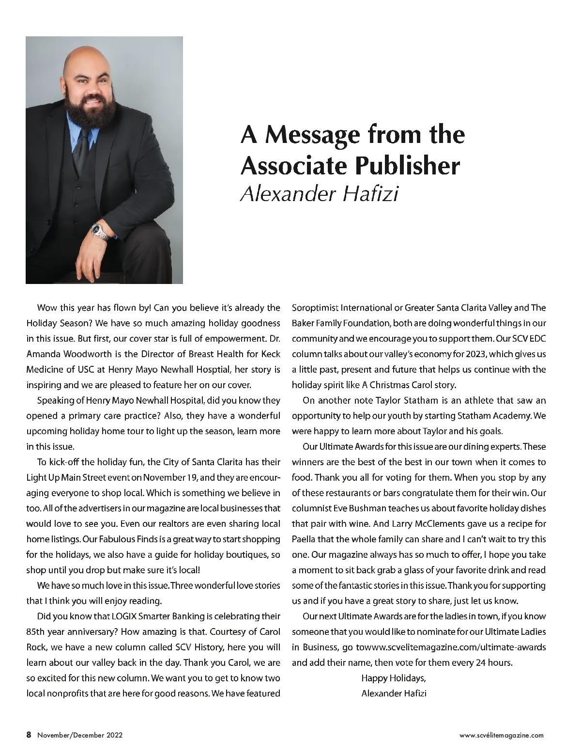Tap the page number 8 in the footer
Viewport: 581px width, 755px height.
[x=29, y=735]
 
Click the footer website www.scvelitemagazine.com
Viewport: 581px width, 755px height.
[x=501, y=735]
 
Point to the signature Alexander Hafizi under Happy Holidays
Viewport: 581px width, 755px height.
[x=394, y=693]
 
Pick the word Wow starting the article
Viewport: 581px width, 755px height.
[x=45, y=308]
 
